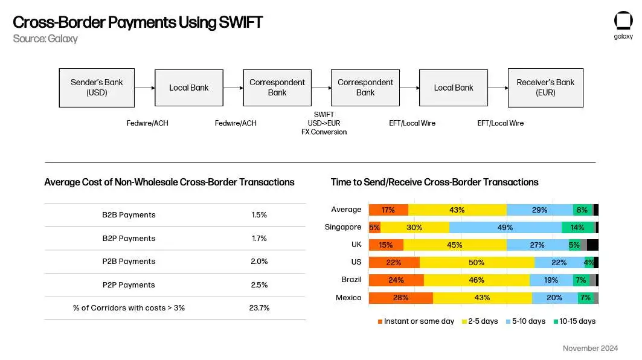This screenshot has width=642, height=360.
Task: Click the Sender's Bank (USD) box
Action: coord(97,88)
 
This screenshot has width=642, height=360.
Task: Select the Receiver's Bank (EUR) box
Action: coord(545,88)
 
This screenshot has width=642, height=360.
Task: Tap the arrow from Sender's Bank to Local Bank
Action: coord(144,88)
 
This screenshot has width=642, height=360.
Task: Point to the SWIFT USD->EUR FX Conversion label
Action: coord(324,123)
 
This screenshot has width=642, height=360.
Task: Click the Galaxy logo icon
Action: coord(623,21)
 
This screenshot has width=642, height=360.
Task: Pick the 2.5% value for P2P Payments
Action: coord(259,284)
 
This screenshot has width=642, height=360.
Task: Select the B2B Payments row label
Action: coord(129,215)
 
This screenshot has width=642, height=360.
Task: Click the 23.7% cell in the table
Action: coord(259,308)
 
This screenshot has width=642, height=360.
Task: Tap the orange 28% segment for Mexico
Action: coord(400,298)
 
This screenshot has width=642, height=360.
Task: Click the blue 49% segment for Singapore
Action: coord(505,227)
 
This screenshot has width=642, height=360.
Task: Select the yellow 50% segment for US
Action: coord(477,262)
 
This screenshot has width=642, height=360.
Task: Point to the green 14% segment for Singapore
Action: coord(577,227)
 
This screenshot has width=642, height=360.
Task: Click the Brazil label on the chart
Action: coord(351,280)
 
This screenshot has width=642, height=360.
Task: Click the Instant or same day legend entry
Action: coord(416,321)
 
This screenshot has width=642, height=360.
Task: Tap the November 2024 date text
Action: coord(590,349)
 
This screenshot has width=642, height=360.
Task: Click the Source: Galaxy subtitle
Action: coord(45,39)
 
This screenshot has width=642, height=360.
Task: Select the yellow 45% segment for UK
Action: coord(455,245)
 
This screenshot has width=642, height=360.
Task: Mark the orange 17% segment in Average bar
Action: coord(388,210)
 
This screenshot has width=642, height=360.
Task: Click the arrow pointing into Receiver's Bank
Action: coord(498,88)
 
